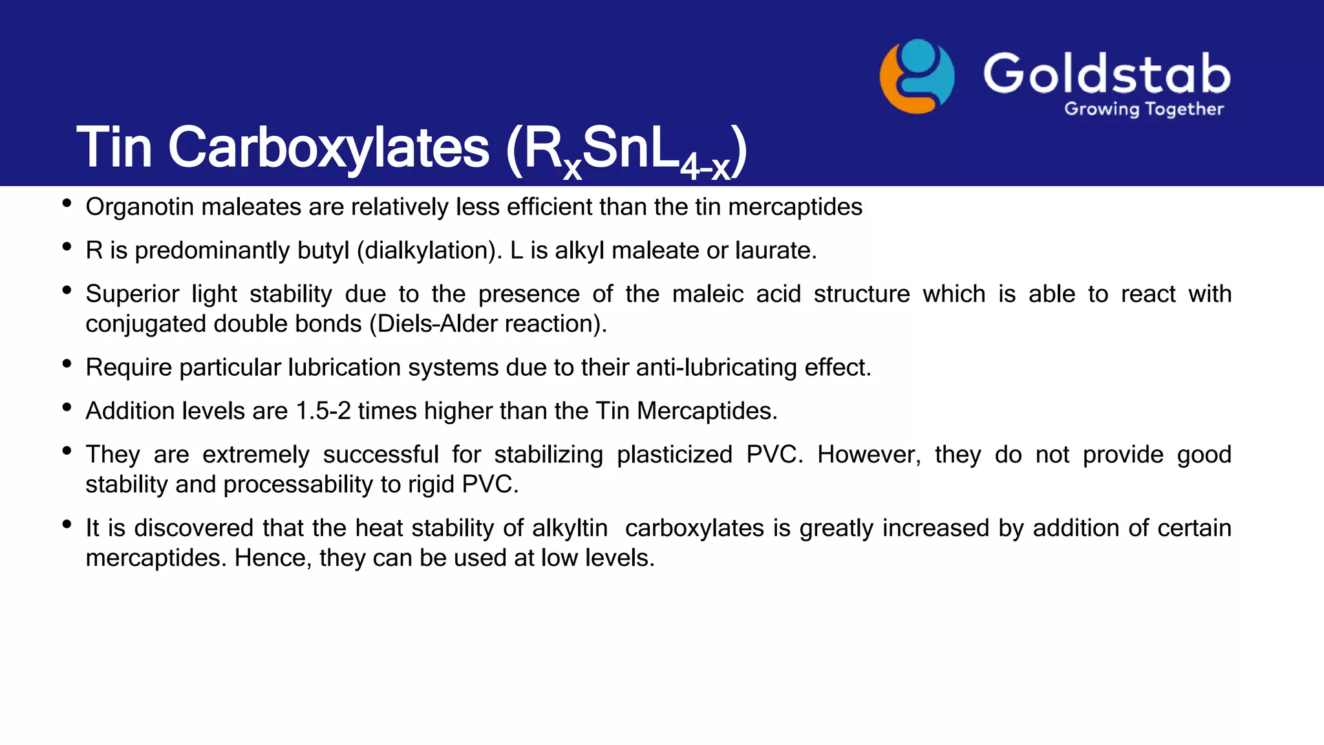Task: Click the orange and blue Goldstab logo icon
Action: pyautogui.click(x=917, y=76)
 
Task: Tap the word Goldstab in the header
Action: pyautogui.click(x=1106, y=74)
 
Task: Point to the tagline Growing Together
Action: pyautogui.click(x=1144, y=109)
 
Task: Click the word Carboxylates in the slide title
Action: pyautogui.click(x=328, y=147)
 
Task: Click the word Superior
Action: pyautogui.click(x=132, y=294)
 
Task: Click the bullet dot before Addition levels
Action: pyautogui.click(x=67, y=407)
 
